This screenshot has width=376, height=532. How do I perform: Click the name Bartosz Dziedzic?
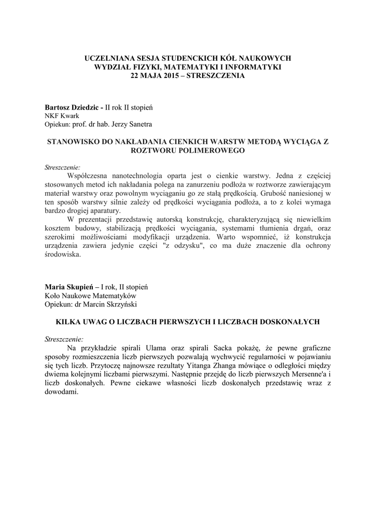coord(73,107)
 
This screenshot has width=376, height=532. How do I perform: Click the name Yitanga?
coord(178,365)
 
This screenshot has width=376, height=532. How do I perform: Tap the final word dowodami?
coord(61,392)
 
